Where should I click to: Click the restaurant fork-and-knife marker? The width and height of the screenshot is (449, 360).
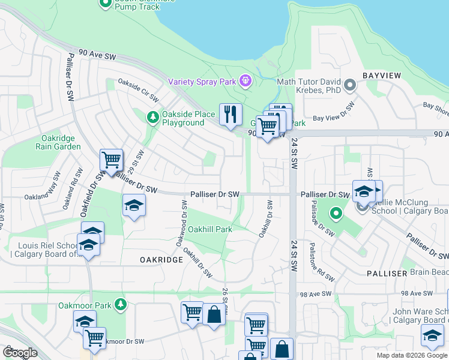(x=231, y=114)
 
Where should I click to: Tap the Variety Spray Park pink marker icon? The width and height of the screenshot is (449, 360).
(x=245, y=80)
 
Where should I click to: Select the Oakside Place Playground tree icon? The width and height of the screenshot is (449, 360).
(x=153, y=116)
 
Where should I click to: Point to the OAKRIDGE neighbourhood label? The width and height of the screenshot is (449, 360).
(x=161, y=259)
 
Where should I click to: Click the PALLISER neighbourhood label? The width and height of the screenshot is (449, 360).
(x=387, y=273)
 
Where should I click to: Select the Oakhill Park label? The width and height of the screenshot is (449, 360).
(x=210, y=229)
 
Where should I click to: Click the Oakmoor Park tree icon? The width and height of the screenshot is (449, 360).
(x=121, y=305)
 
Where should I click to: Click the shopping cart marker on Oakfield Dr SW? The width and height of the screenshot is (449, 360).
(x=111, y=161)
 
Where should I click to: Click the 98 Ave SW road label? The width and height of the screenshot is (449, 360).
(x=316, y=293)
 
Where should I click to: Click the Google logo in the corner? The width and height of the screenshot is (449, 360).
(x=20, y=353)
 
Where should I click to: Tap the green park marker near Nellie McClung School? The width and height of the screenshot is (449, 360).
(x=336, y=212)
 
